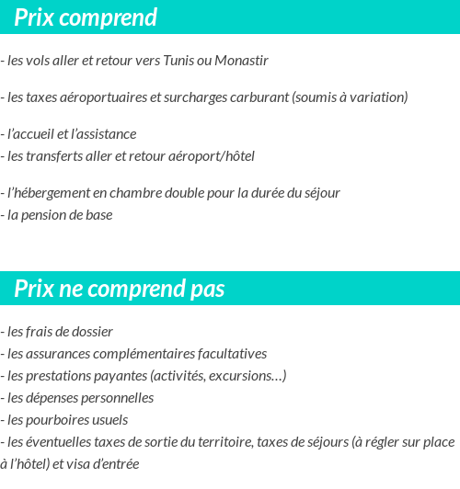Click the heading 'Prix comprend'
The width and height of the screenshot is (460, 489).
click(86, 17)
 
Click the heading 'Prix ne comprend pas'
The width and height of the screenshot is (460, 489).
click(120, 289)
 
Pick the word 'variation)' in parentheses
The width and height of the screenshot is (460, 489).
click(378, 97)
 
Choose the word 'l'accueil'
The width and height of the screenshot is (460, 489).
click(30, 134)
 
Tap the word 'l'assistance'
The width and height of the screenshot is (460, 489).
click(100, 134)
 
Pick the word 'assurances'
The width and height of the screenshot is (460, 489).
click(52, 354)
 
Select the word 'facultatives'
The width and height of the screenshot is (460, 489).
click(229, 354)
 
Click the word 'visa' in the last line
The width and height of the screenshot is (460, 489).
click(81, 464)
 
